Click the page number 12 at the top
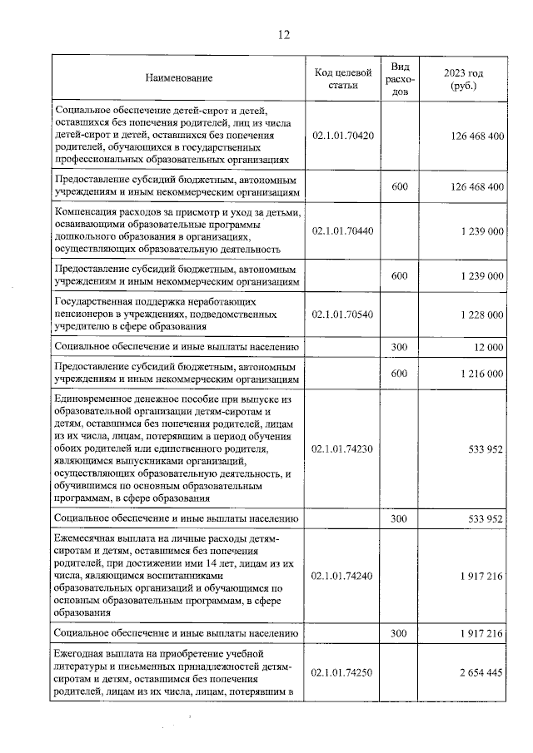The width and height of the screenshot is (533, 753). pyautogui.click(x=284, y=35)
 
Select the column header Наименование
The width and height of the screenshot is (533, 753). pyautogui.click(x=178, y=78)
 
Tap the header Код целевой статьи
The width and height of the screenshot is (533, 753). pyautogui.click(x=342, y=78)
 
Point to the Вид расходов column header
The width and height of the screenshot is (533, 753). pyautogui.click(x=399, y=78)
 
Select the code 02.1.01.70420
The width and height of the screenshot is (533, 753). pyautogui.click(x=342, y=135)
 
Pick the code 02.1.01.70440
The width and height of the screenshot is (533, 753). pyautogui.click(x=342, y=230)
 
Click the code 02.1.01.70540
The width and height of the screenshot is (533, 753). pyautogui.click(x=342, y=315)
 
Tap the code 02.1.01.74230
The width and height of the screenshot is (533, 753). pyautogui.click(x=342, y=448)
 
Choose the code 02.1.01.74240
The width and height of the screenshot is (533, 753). pyautogui.click(x=342, y=575)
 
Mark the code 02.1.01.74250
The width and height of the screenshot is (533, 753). pyautogui.click(x=342, y=673)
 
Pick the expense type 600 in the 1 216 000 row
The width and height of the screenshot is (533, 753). pyautogui.click(x=399, y=374)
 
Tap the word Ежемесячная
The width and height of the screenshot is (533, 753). pyautogui.click(x=87, y=538)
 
